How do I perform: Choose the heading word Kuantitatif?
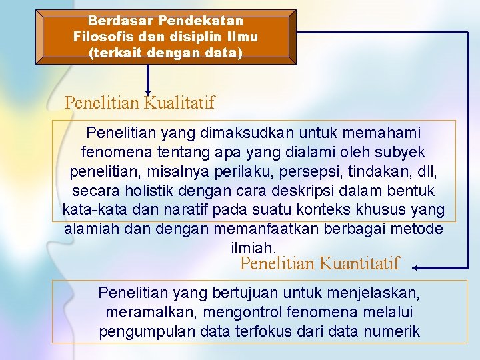click(359, 263)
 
